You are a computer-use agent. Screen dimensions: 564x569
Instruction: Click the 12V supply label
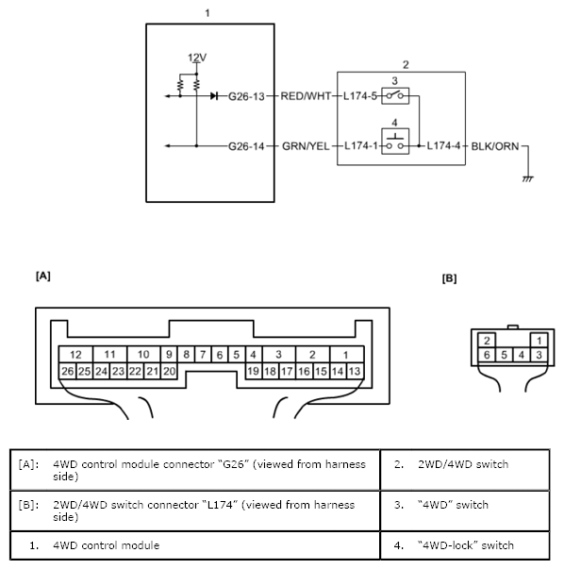pos(197,58)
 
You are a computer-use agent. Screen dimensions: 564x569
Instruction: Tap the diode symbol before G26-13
pos(214,96)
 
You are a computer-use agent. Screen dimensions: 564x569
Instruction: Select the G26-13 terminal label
pos(246,96)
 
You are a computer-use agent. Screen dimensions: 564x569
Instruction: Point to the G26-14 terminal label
pos(246,146)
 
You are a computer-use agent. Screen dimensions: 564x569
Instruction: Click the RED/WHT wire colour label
pos(306,96)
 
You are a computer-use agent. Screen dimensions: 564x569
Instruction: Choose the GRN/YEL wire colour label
pos(306,146)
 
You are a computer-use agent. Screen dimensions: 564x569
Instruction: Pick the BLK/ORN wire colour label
pos(495,146)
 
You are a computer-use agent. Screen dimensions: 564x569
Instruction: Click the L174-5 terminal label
pos(360,96)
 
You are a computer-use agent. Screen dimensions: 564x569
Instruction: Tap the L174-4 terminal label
pos(443,146)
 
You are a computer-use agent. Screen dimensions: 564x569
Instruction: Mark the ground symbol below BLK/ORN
pos(528,178)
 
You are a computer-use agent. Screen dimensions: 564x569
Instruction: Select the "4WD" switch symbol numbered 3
pos(395,96)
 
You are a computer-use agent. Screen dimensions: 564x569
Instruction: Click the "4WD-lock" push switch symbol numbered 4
pos(395,142)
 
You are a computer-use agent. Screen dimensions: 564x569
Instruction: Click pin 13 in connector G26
pos(355,371)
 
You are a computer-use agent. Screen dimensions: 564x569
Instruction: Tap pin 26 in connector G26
pos(68,371)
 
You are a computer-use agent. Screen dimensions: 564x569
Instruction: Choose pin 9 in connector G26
pos(169,354)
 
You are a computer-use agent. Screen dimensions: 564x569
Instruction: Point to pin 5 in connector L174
pos(505,355)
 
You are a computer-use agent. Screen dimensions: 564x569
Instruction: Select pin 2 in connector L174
pos(487,341)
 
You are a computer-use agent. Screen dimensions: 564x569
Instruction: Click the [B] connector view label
pos(449,278)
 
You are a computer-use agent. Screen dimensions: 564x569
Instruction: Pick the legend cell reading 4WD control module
pos(195,545)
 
